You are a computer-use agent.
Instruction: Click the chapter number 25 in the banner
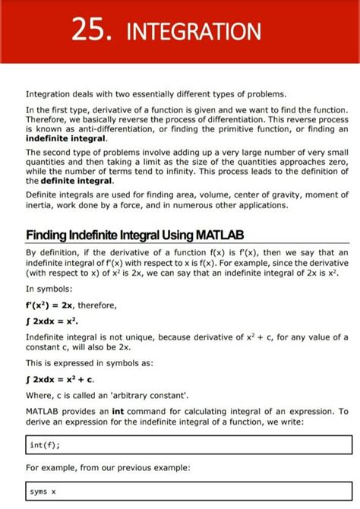pos(90,31)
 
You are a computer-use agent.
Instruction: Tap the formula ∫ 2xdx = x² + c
pos(60,379)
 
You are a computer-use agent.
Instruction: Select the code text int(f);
pos(45,445)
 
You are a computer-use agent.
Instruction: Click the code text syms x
pos(43,492)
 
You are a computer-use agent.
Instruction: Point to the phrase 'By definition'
pos(50,253)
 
